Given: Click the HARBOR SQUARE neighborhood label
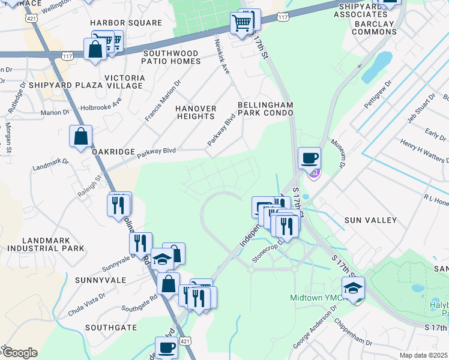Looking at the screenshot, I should pos(126,23).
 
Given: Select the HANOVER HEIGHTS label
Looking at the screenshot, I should pos(196,112).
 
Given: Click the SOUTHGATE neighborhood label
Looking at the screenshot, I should pos(110,328).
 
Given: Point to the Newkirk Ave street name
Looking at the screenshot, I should pos(222,57).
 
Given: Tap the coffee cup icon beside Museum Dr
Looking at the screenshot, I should pos(309,158).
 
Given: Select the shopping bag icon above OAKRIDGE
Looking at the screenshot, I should pos(80,136).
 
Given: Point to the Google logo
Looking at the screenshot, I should pos(19,353).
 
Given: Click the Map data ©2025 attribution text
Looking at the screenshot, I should pos(423,355).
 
